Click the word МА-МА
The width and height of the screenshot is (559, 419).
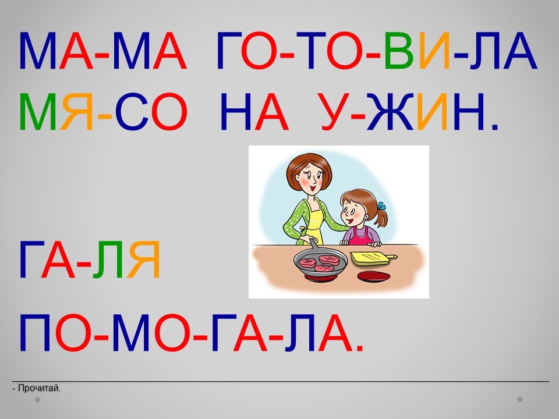click(102, 51)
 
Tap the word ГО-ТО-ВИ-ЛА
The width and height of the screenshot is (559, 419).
click(377, 51)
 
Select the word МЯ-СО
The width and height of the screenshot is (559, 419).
click(103, 112)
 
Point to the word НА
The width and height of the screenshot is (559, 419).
click(254, 112)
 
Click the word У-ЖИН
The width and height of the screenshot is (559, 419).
click(408, 112)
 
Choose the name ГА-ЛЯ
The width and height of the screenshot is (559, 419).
click(89, 260)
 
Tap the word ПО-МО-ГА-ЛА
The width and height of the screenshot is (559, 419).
click(191, 333)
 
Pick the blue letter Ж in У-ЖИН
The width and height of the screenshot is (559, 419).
click(390, 112)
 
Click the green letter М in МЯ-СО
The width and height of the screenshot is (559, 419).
click(37, 112)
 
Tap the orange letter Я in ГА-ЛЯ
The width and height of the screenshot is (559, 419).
click(144, 260)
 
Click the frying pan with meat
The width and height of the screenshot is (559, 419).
click(320, 262)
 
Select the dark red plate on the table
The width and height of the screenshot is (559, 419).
click(373, 276)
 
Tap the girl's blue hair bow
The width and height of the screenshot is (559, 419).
click(381, 206)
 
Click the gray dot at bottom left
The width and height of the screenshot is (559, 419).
click(37, 400)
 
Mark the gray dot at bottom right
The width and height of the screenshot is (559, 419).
click(520, 400)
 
